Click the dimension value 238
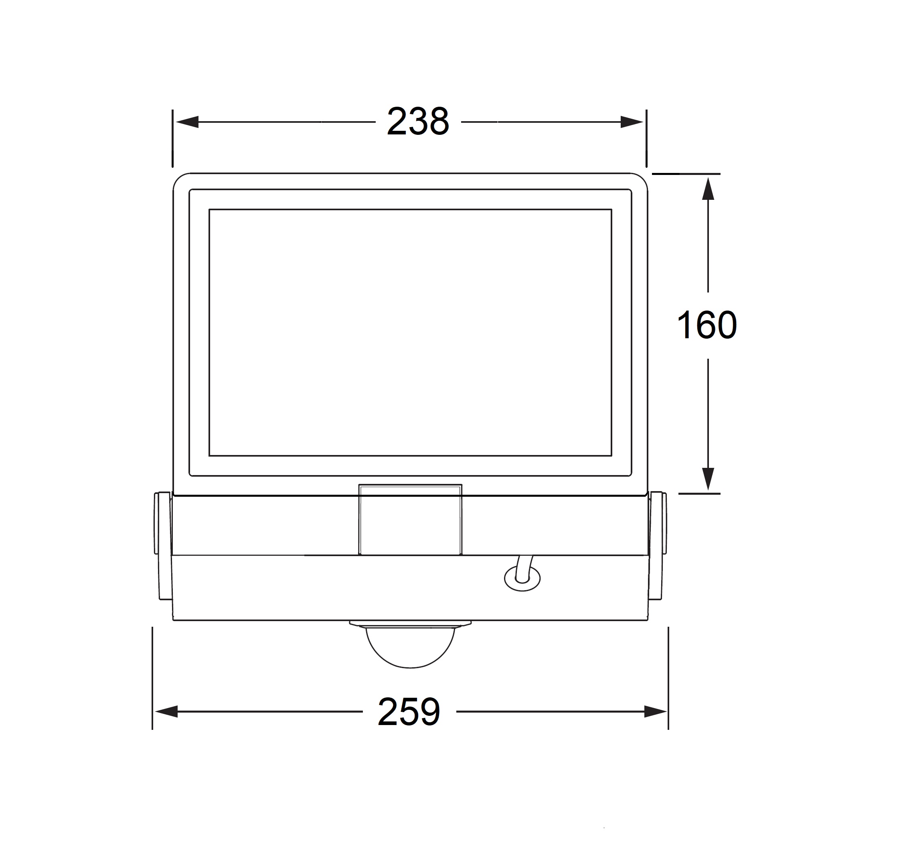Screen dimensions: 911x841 point(418,122)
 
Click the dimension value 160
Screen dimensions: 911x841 point(707,325)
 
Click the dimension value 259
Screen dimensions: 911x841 point(409,712)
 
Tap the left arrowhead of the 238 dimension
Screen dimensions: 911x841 point(187,122)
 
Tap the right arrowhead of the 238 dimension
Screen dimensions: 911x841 point(632,122)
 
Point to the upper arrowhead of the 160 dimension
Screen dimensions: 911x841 point(708,189)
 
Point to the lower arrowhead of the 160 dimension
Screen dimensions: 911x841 point(708,479)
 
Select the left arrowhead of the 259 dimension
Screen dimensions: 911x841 point(166,712)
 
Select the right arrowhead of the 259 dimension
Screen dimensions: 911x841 point(656,712)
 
